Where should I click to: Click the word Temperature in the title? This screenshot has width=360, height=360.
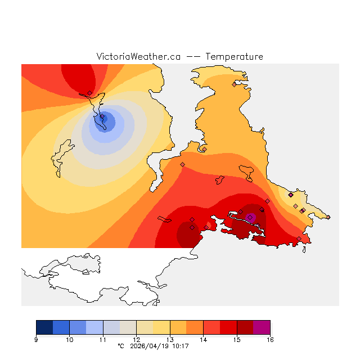pos(234,57)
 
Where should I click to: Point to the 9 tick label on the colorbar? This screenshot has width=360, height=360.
pos(36,340)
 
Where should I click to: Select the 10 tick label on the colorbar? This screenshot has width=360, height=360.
pos(69,340)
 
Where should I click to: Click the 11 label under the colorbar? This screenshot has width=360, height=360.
pos(103,340)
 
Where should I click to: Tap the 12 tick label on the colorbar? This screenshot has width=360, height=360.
pos(136,340)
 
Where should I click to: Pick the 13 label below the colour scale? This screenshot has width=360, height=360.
pos(170,340)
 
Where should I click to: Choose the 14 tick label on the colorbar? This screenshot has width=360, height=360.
pos(203,340)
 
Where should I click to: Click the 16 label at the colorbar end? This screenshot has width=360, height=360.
pos(270,340)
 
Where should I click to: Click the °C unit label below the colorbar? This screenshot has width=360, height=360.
pos(120,346)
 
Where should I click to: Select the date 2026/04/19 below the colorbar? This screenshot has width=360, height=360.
pos(149,346)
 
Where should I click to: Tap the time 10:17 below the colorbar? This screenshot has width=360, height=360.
pos(179,346)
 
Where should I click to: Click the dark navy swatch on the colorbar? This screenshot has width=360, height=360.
pos(44,327)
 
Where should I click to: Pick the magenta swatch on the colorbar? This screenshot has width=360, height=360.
pos(262,327)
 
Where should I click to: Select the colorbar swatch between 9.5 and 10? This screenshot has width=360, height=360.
pos(61,327)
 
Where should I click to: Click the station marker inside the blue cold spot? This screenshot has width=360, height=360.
pos(102,118)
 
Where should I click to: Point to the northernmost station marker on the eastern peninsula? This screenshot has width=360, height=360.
pos(235,84)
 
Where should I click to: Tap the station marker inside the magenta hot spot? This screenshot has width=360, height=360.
pos(250,217)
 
